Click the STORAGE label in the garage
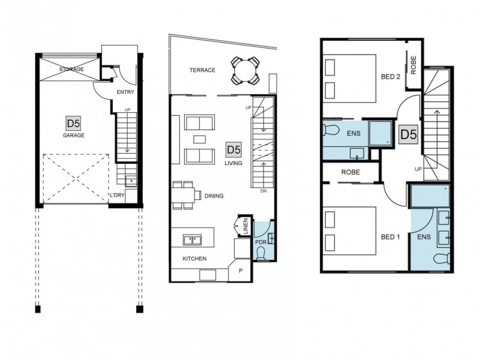click(x=71, y=69)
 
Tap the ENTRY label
click(x=125, y=92)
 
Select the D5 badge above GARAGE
click(x=73, y=124)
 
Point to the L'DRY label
click(x=117, y=195)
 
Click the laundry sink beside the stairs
click(x=131, y=181)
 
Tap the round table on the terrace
click(x=245, y=71)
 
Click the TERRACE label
click(x=202, y=70)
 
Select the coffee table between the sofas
click(x=200, y=139)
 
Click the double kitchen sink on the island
click(x=192, y=239)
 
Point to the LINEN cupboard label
click(x=246, y=226)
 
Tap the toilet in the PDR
click(x=261, y=254)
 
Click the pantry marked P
click(x=241, y=271)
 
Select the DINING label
click(x=214, y=196)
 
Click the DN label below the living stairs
click(x=263, y=191)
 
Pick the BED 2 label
click(x=391, y=77)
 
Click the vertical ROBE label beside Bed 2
click(x=413, y=65)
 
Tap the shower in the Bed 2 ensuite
click(x=380, y=133)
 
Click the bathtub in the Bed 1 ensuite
click(x=430, y=196)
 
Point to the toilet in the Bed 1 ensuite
click(x=442, y=259)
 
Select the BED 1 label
click(x=391, y=237)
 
